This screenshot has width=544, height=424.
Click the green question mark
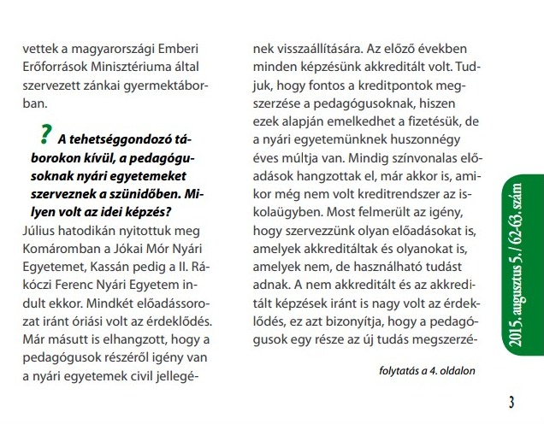44,135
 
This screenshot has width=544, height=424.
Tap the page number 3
511,402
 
